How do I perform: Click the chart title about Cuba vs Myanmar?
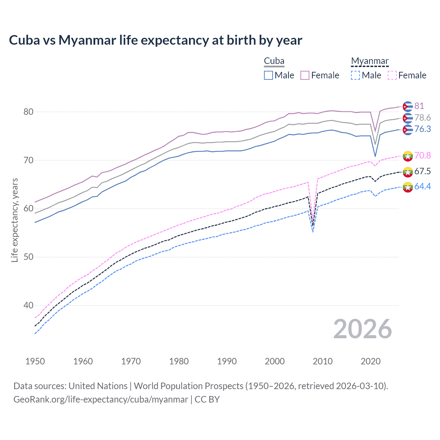[155, 40]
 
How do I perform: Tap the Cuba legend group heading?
[274, 61]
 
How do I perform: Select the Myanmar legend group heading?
[370, 61]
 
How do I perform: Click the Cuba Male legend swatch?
[268, 75]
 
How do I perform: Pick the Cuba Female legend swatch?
[305, 75]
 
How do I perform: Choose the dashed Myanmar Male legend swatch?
[355, 75]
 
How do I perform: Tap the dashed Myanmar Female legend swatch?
[392, 75]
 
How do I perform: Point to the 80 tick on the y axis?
[29, 112]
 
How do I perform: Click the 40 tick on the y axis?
[29, 305]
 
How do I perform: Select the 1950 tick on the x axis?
[35, 361]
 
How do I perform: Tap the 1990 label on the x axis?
[227, 361]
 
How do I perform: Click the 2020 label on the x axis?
[371, 361]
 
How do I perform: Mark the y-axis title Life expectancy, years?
[14, 220]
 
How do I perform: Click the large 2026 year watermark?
[362, 329]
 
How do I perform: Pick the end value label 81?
[419, 106]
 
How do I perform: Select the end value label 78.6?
[422, 118]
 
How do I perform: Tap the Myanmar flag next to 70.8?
[408, 156]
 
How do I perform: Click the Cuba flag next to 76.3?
[408, 130]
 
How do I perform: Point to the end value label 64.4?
[422, 186]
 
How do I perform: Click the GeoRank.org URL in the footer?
[101, 399]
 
